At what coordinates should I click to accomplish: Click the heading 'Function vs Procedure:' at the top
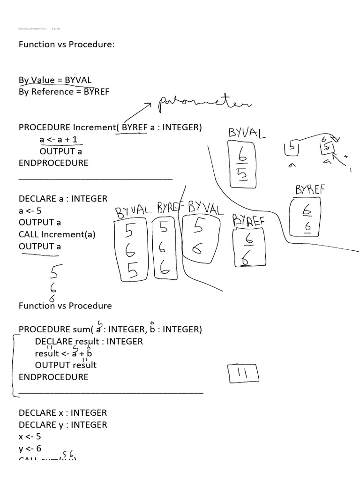(67, 45)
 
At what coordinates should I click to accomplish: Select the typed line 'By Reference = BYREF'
(64, 91)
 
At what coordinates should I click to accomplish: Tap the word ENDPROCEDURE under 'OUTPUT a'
(53, 163)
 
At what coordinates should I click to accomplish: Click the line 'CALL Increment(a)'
(57, 234)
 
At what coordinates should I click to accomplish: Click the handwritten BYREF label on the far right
(310, 190)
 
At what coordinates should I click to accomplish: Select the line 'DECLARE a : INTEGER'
(63, 199)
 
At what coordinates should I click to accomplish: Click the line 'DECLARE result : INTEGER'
(89, 341)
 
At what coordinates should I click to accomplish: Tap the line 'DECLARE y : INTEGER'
(63, 425)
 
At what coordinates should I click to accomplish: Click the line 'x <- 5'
(30, 436)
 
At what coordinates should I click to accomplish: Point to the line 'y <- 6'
(30, 449)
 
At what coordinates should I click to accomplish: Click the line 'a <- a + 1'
(58, 139)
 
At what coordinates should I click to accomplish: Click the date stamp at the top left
(33, 29)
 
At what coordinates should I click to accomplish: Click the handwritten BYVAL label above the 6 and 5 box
(247, 133)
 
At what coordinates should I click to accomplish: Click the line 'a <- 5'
(30, 210)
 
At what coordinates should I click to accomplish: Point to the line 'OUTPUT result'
(66, 365)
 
